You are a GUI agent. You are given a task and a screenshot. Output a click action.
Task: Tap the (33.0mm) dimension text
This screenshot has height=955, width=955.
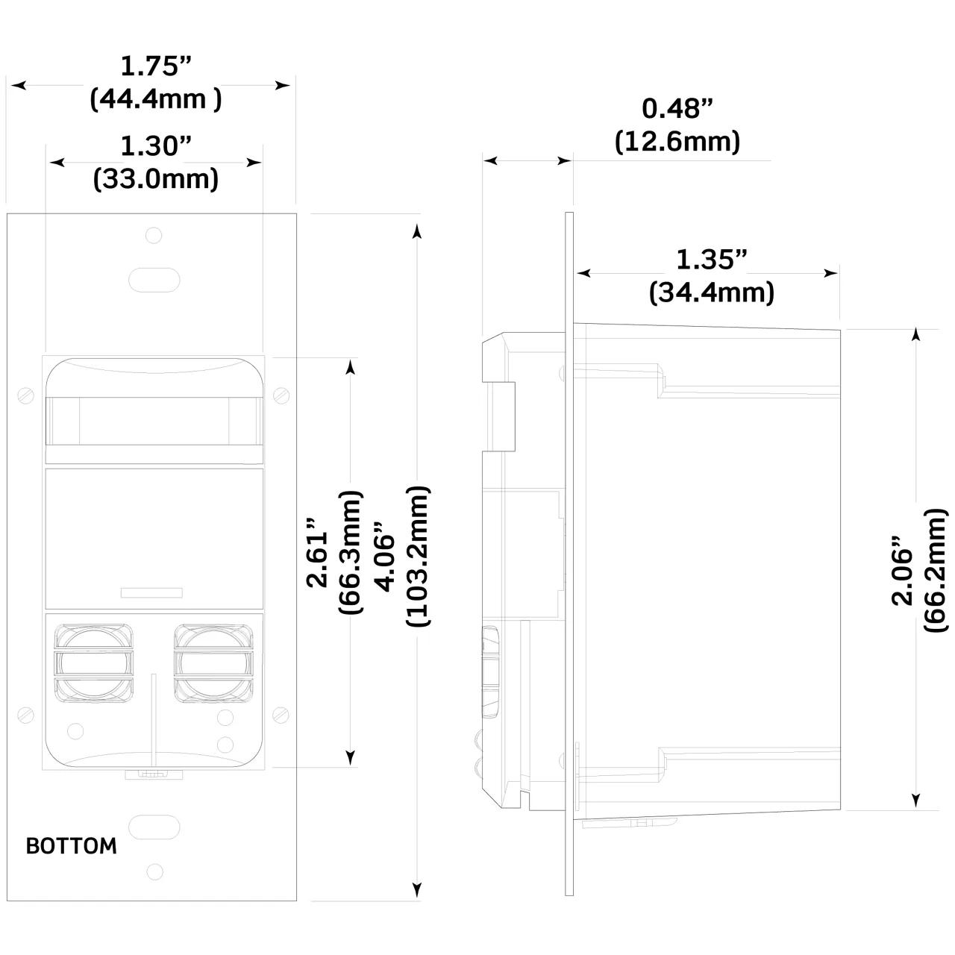[x=156, y=179]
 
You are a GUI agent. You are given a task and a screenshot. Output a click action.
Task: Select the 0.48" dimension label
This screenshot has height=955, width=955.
[x=677, y=109]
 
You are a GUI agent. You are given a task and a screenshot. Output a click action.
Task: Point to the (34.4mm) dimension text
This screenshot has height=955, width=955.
[x=711, y=292]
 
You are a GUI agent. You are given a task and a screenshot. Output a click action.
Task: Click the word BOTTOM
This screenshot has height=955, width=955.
[x=72, y=846]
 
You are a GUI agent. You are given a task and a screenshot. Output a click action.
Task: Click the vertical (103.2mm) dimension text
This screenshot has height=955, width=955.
[x=418, y=556]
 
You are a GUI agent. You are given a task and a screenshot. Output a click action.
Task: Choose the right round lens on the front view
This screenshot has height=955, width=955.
[x=213, y=663]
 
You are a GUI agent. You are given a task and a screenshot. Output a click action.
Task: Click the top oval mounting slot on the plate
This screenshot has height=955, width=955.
[x=154, y=280]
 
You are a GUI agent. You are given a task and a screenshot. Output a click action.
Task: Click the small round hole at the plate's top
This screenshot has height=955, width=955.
[x=154, y=236]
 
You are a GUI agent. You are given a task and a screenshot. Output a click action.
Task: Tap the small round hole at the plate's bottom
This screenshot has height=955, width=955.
[x=154, y=871]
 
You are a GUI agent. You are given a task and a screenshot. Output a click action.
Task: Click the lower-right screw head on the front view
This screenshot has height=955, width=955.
[x=281, y=714]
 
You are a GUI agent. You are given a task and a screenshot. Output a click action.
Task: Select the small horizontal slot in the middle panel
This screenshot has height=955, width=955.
[x=152, y=593]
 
